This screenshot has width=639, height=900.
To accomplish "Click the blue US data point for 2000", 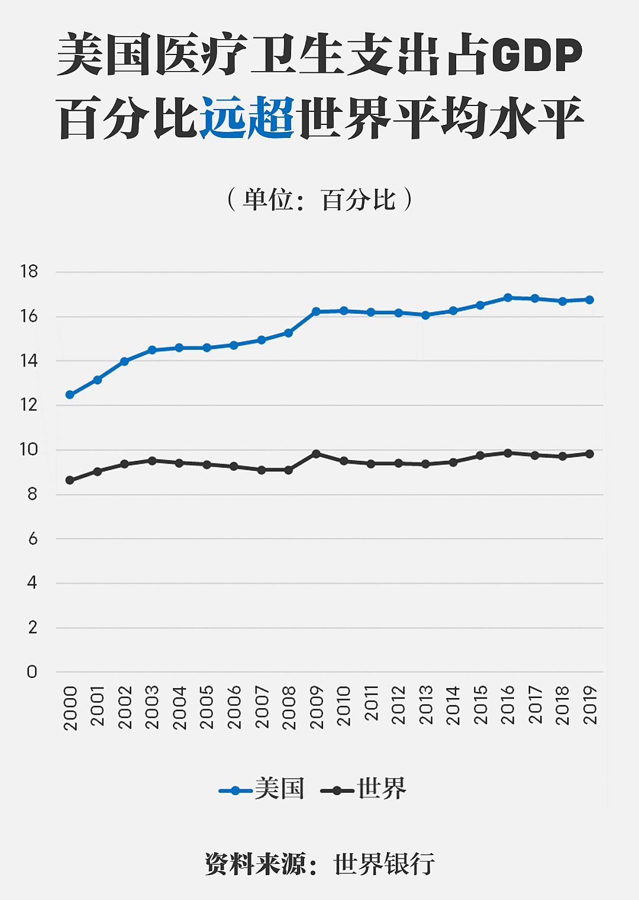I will pyautogui.click(x=70, y=394).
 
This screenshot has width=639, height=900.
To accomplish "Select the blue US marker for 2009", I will pyautogui.click(x=316, y=311).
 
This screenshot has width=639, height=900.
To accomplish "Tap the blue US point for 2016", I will pyautogui.click(x=508, y=297).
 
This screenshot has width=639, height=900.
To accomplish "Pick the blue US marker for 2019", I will pyautogui.click(x=589, y=300).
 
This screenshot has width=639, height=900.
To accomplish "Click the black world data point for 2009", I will pyautogui.click(x=316, y=454).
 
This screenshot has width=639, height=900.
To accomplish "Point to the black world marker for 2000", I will pyautogui.click(x=70, y=480).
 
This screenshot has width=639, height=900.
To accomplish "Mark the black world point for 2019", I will pyautogui.click(x=589, y=454).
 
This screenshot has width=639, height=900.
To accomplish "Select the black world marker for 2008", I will pyautogui.click(x=289, y=470).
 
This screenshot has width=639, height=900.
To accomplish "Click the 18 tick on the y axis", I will pyautogui.click(x=28, y=272).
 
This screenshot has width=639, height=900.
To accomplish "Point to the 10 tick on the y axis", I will pyautogui.click(x=28, y=449).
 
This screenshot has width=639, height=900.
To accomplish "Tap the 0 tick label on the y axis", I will pyautogui.click(x=32, y=671).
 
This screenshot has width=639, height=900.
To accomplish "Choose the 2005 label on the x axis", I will pyautogui.click(x=206, y=708).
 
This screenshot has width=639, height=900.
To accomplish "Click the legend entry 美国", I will pyautogui.click(x=279, y=789).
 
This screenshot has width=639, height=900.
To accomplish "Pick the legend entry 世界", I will pyautogui.click(x=381, y=789).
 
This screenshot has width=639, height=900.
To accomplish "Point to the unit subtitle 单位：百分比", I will pyautogui.click(x=319, y=200).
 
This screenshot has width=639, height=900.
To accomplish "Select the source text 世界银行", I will pyautogui.click(x=385, y=864).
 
